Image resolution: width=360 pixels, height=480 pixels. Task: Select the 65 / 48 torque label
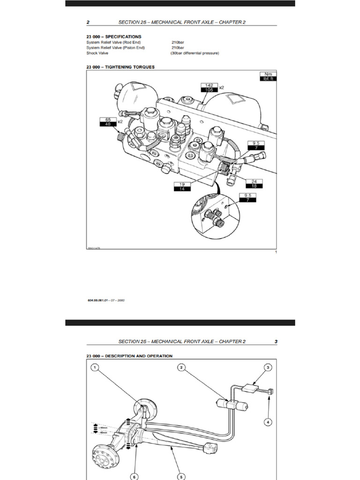click(108, 122)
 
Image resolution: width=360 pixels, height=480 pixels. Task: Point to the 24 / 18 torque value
click(254, 183)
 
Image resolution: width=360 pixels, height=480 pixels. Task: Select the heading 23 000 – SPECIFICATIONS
click(113, 37)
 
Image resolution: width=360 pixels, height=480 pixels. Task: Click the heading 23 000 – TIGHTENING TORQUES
click(120, 67)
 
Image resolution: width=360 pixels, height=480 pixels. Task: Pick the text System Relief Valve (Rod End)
click(113, 43)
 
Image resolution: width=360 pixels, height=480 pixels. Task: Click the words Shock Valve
click(97, 53)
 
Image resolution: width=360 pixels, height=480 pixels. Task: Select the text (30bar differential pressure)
click(195, 53)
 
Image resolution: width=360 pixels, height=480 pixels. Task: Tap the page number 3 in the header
click(276, 341)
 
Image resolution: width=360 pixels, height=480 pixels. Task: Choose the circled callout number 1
click(95, 368)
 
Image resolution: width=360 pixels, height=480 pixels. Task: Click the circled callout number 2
click(181, 368)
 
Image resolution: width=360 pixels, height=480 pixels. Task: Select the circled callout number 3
click(268, 368)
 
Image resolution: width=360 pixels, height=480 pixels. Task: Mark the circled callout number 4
click(268, 422)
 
